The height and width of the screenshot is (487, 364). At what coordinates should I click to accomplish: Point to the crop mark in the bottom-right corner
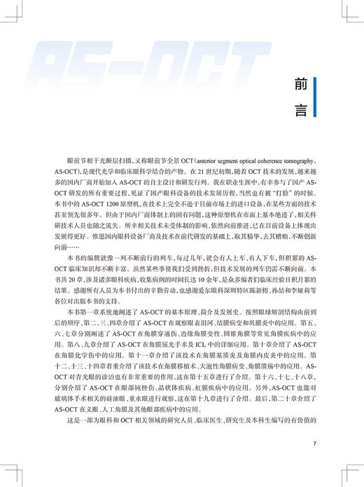pos(351,475)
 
